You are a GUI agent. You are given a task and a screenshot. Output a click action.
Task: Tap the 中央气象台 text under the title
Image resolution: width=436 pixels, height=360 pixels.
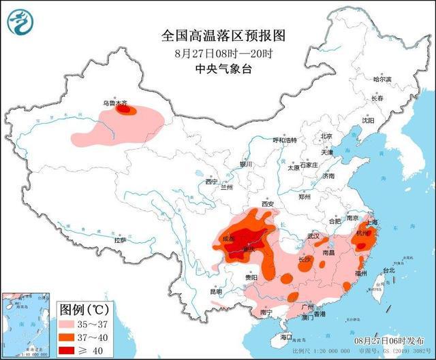click(213, 68)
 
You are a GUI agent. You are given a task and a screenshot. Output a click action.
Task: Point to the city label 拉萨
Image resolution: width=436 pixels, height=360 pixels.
click(119, 240)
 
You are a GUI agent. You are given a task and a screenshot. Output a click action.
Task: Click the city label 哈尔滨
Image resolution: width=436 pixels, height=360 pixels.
click(382, 80)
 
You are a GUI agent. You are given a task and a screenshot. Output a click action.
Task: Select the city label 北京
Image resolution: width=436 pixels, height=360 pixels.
click(326, 136)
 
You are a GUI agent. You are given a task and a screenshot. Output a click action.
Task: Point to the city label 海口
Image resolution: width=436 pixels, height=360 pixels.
click(286, 337)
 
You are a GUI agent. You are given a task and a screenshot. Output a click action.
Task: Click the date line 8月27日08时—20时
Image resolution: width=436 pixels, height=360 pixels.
click(213, 52)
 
